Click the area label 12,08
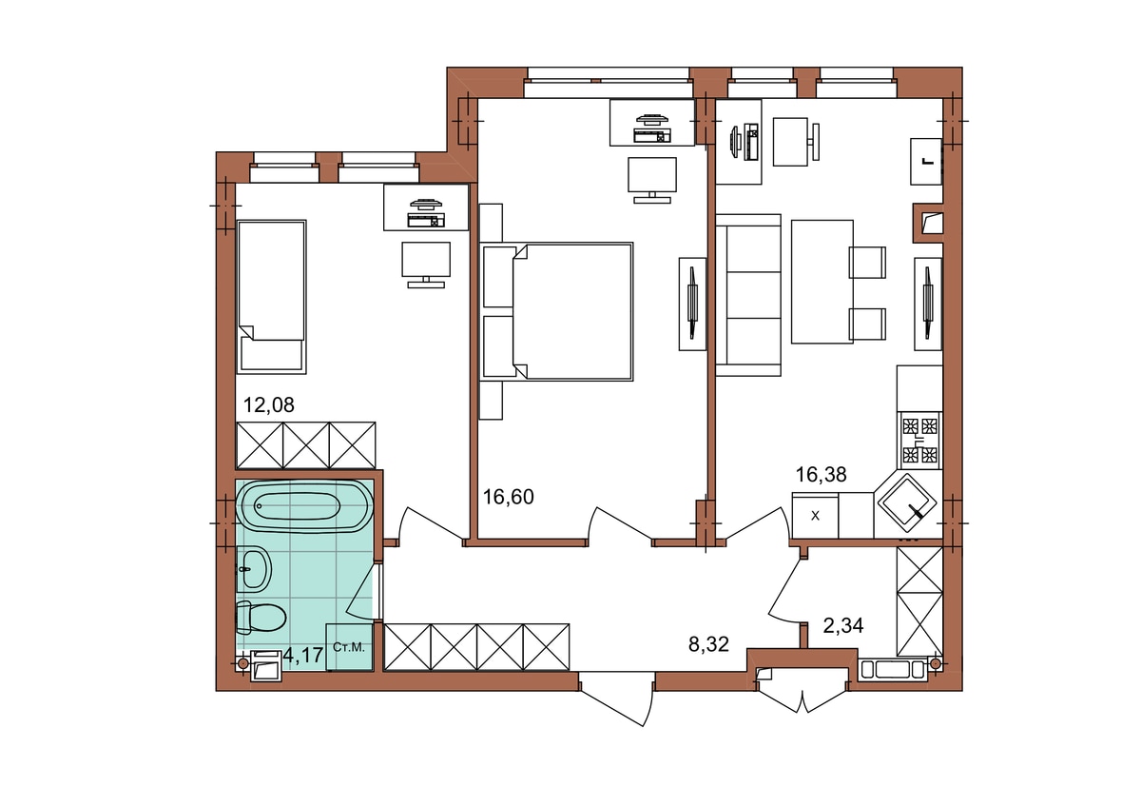click(x=268, y=405)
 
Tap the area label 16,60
click(x=509, y=497)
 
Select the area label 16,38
click(x=822, y=475)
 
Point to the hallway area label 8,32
click(x=708, y=644)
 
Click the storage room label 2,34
click(x=843, y=625)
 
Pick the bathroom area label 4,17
click(x=303, y=655)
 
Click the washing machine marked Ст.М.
click(x=350, y=647)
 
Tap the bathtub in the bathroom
click(x=305, y=506)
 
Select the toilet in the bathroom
click(x=261, y=618)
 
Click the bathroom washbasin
click(x=253, y=568)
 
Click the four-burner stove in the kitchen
click(x=920, y=441)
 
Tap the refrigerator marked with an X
click(x=815, y=515)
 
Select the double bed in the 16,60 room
click(x=557, y=311)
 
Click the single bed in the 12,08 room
click(x=272, y=297)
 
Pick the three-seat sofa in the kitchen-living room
click(x=747, y=295)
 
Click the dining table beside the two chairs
click(x=822, y=282)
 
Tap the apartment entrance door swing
click(x=616, y=699)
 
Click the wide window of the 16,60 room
click(x=609, y=82)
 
